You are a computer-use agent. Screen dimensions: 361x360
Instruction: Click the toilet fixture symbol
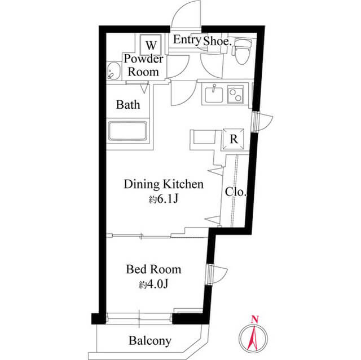tap(242, 51)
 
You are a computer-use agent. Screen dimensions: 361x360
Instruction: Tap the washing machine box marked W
tap(151, 45)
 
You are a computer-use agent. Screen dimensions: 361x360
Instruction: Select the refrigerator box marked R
tap(234, 139)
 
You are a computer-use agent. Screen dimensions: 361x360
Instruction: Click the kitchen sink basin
tap(214, 95)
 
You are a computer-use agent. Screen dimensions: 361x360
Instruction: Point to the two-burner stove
tap(235, 95)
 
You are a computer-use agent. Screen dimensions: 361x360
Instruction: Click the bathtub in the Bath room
tap(127, 131)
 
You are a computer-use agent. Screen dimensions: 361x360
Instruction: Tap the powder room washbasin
tap(114, 71)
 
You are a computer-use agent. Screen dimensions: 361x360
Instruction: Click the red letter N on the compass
tap(254, 319)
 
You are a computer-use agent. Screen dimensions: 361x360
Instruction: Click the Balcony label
tap(150, 341)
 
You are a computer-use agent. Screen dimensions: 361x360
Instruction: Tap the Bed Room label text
tap(153, 269)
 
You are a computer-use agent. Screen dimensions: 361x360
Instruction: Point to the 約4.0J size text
tap(153, 285)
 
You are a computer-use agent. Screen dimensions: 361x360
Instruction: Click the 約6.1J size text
tap(164, 199)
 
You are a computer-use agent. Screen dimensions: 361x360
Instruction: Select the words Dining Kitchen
tap(164, 184)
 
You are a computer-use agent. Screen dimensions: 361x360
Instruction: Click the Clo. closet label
tap(236, 192)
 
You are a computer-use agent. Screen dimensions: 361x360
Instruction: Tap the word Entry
tap(187, 39)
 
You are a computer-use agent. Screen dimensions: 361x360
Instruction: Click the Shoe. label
tap(217, 41)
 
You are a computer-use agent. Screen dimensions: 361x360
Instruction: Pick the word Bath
tap(128, 105)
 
